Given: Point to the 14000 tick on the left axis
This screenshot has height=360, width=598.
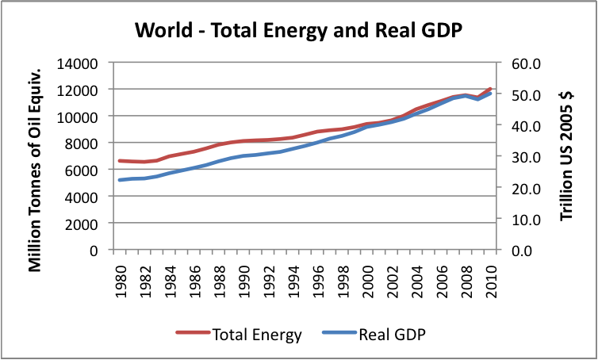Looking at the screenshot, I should pyautogui.click(x=81, y=63).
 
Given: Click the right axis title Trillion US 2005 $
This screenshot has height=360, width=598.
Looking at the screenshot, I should pyautogui.click(x=565, y=156).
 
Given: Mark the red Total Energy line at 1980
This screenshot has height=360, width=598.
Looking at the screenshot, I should pyautogui.click(x=120, y=160).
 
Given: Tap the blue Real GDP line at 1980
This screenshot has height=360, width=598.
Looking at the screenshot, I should pyautogui.click(x=120, y=180).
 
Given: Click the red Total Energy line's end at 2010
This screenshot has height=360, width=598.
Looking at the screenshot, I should pyautogui.click(x=491, y=89).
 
